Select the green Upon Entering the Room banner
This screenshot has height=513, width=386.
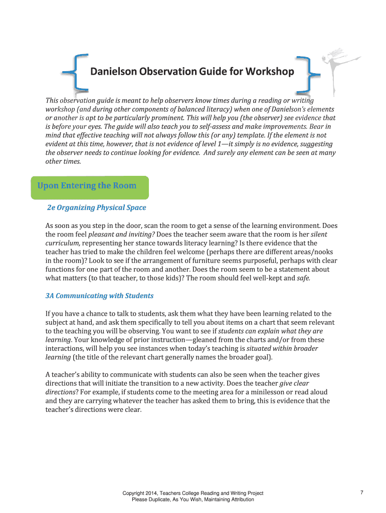pos(89,186)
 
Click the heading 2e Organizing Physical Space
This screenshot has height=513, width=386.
pos(96,207)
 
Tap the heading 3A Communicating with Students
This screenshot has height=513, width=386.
pos(99,296)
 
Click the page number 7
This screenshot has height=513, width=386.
pos(361,493)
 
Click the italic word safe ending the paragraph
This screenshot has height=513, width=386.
pos(303,278)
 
